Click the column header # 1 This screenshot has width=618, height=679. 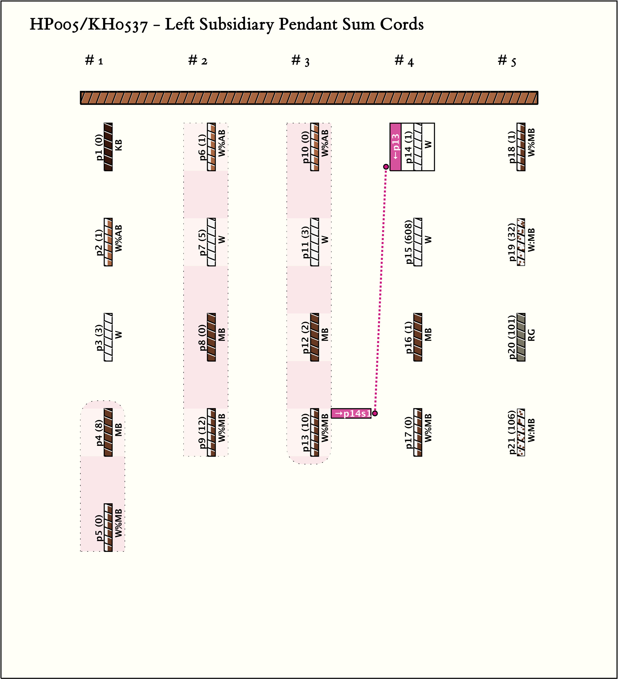coord(94,61)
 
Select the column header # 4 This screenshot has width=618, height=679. coord(404,61)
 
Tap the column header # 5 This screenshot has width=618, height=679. coord(507,61)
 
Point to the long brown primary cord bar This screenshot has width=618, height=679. coord(309,98)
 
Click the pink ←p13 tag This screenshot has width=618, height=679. coord(396,147)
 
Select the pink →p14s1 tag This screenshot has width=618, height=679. coord(351,413)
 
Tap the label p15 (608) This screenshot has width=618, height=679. coord(409,242)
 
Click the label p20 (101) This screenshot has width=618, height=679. coord(512,337)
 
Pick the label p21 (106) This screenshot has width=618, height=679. coord(512,432)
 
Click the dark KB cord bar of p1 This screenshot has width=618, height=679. coord(108,147)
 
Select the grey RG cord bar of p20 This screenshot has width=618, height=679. coord(521,337)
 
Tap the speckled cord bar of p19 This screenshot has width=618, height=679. coord(521,242)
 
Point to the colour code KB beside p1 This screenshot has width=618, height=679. coord(119,145)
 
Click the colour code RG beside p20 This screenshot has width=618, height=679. coord(531,335)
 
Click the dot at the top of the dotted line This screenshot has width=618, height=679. coord(386,167)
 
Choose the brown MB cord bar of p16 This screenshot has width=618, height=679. coord(418,337)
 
